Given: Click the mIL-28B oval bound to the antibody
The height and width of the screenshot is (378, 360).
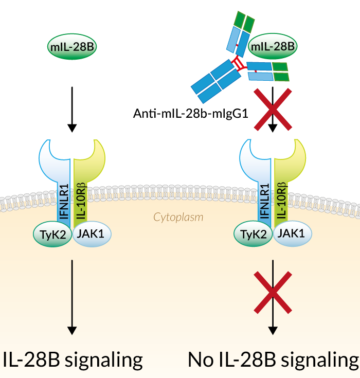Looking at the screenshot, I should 273,48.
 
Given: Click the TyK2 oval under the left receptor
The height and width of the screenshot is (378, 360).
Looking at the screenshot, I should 54,235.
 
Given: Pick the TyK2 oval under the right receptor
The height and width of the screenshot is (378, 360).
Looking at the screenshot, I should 254,235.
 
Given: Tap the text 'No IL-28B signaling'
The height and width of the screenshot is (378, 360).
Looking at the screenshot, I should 273,359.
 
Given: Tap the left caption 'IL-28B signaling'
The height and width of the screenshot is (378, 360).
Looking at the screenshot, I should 72,359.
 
